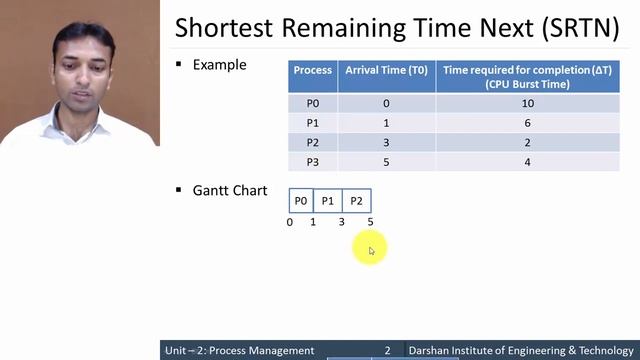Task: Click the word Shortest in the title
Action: [x=225, y=27]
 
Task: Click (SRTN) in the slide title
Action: [x=581, y=27]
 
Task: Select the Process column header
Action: [x=312, y=71]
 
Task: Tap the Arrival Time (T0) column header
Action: [x=385, y=71]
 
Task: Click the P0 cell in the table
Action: [x=312, y=103]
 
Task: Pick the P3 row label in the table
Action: [x=312, y=161]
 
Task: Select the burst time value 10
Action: [x=527, y=103]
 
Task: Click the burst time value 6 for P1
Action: [x=527, y=123]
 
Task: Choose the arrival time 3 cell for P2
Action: [x=385, y=142]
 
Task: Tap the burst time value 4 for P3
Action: [x=527, y=161]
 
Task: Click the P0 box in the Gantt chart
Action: [x=301, y=201]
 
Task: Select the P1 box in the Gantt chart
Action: [x=328, y=201]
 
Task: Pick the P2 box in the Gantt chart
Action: [x=356, y=201]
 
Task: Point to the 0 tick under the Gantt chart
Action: [x=290, y=222]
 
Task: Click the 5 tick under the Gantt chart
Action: [x=370, y=222]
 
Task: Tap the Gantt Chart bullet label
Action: [x=229, y=190]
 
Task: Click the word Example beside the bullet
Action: [x=219, y=65]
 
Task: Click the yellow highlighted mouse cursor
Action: [x=370, y=250]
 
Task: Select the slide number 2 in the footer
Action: [x=388, y=351]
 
